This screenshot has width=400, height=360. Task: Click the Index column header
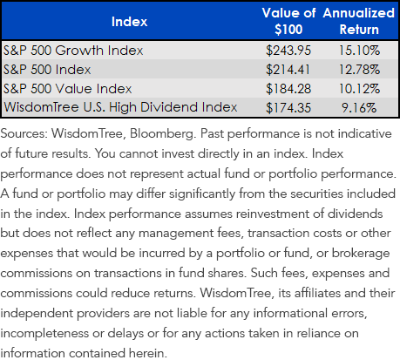(x=129, y=22)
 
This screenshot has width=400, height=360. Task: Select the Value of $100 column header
(x=288, y=21)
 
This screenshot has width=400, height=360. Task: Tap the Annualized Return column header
(x=359, y=21)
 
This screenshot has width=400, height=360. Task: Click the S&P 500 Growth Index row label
(x=73, y=51)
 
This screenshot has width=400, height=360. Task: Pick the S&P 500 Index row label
(x=47, y=70)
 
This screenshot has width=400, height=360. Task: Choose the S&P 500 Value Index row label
(x=68, y=89)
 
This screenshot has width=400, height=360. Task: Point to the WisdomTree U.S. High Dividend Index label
(x=120, y=107)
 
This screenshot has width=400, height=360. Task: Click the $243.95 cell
(x=288, y=51)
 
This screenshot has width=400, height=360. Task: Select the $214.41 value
(x=288, y=70)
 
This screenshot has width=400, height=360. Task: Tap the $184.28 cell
(x=288, y=89)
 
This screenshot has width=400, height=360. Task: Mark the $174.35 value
(x=288, y=108)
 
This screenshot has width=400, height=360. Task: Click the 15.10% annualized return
(x=359, y=51)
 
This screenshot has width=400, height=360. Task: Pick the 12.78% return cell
(x=359, y=70)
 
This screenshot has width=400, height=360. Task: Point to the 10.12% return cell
(x=359, y=89)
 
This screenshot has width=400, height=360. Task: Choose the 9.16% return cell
(x=359, y=108)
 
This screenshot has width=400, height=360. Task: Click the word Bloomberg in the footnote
(x=162, y=134)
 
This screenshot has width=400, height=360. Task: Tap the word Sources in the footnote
(x=24, y=133)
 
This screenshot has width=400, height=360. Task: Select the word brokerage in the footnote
(x=361, y=254)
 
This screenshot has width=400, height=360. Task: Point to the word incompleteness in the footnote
(x=44, y=334)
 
